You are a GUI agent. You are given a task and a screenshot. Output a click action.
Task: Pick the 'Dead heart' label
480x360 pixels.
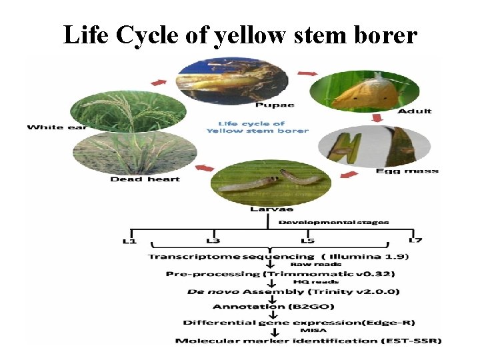145,179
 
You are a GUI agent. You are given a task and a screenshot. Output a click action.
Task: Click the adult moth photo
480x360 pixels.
364,91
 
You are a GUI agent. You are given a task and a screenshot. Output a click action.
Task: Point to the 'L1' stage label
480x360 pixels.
129,240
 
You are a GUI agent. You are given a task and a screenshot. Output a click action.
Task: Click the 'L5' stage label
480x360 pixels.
307,240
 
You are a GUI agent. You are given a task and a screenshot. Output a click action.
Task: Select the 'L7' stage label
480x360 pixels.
415,240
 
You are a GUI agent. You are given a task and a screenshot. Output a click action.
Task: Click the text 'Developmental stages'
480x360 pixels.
333,222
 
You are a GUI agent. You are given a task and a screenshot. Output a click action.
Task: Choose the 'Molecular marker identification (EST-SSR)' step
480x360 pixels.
308,341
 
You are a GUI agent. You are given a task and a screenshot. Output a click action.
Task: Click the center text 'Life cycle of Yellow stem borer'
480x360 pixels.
256,127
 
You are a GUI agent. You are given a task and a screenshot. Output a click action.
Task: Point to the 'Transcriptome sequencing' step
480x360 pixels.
231,256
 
